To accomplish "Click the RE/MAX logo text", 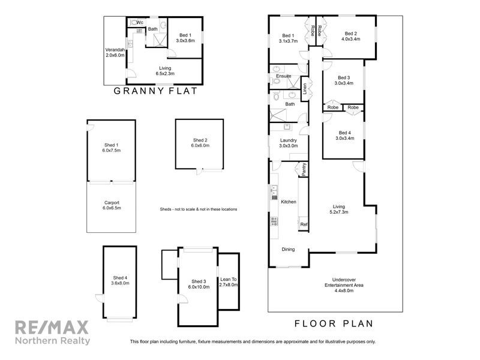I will (x=52, y=328).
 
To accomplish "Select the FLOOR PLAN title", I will (x=334, y=323).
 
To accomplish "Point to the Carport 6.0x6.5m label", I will (x=112, y=205).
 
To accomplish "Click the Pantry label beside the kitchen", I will (x=304, y=169).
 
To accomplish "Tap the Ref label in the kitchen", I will (x=304, y=225).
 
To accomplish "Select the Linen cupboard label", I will (x=305, y=89).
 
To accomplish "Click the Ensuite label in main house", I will (x=284, y=76).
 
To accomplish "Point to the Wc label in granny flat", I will (x=139, y=22).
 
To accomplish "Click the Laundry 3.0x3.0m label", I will (x=289, y=143).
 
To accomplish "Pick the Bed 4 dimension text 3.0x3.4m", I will (x=344, y=138).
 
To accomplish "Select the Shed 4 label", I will (x=120, y=280).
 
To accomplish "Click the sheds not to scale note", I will (x=198, y=209).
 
